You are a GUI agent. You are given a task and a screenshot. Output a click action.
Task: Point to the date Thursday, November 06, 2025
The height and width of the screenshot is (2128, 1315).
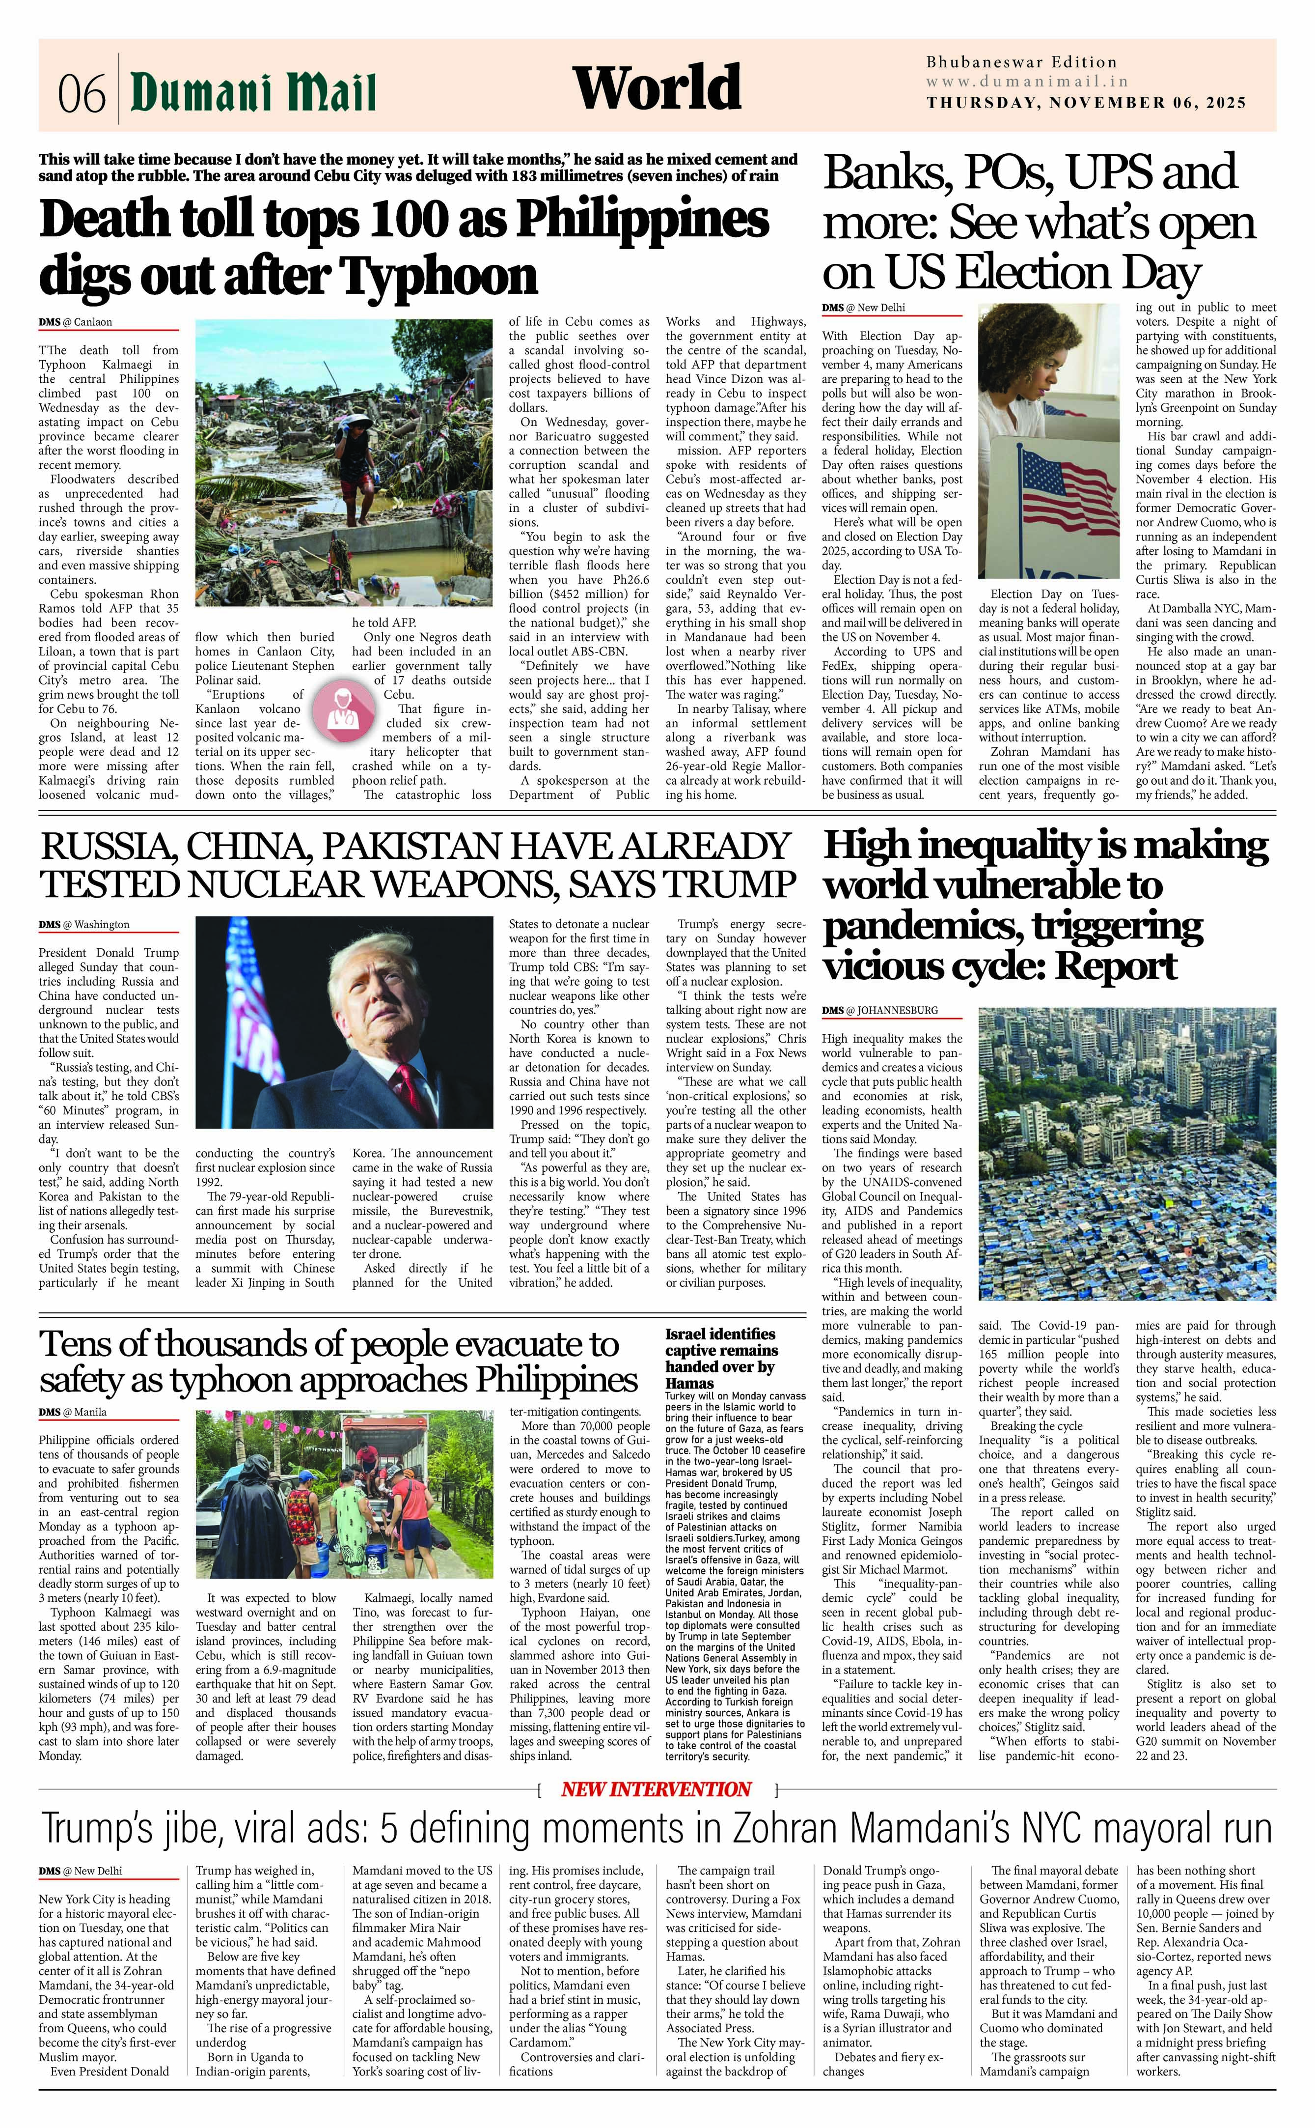[1086, 103]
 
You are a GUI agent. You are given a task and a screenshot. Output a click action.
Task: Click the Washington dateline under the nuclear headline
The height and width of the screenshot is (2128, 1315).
[101, 925]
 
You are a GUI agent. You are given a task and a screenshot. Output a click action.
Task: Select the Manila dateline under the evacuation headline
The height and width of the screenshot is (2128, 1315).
[89, 1412]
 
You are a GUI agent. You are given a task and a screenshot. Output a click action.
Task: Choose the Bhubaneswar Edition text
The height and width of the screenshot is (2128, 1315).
[1021, 62]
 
